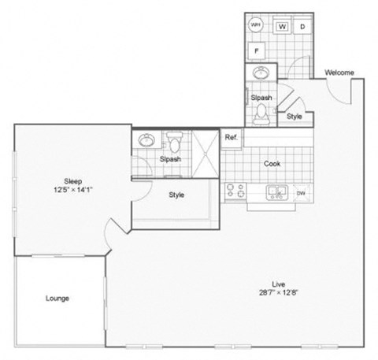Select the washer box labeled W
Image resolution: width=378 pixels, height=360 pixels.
[x=282, y=26]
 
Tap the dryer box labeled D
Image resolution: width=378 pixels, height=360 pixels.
[x=302, y=26]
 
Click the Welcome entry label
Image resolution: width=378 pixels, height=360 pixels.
[x=339, y=73]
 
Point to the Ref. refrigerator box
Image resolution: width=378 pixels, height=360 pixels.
[x=231, y=137]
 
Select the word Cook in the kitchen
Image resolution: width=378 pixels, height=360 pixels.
[x=272, y=164]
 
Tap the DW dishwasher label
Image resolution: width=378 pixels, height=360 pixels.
[x=300, y=191]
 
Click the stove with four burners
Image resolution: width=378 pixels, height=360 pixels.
[x=235, y=190]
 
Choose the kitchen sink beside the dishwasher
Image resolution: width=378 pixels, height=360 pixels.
[x=277, y=191]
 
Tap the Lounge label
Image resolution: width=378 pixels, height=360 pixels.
[x=57, y=299]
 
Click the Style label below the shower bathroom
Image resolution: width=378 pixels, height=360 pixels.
[x=176, y=195]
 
